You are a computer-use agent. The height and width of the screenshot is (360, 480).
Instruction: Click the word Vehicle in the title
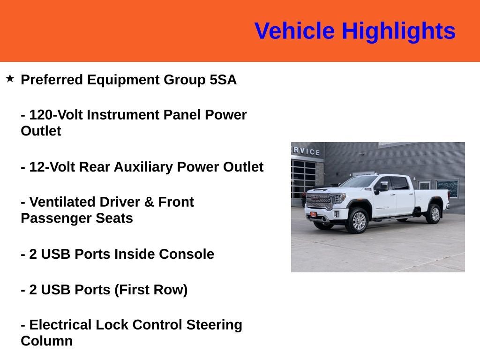294,31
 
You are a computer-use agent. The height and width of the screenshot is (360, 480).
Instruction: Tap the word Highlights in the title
398,31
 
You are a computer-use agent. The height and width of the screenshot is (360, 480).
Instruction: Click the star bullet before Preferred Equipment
10,78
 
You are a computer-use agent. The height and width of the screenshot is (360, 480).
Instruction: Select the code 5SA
223,80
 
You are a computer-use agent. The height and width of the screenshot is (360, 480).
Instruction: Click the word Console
187,254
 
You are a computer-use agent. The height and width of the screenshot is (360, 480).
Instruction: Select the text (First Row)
151,290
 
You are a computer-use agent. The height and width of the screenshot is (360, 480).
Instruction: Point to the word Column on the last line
46,341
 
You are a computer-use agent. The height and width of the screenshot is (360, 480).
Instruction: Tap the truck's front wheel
357,221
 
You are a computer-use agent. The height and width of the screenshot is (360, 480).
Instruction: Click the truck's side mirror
383,186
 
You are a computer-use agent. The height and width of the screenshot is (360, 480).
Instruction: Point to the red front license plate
313,215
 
